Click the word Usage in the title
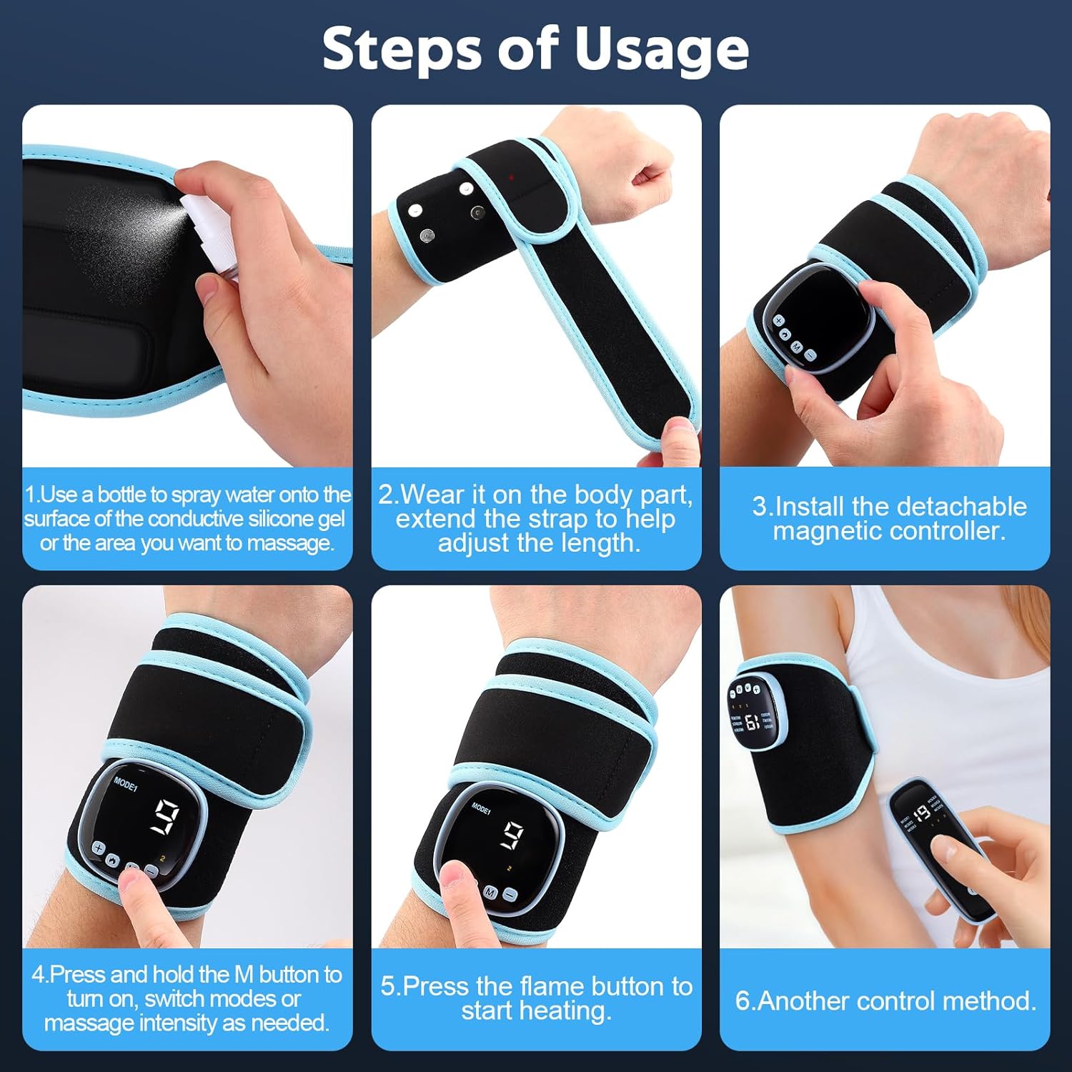click(x=662, y=50)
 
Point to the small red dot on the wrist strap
click(x=511, y=176)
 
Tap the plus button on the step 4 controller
click(x=98, y=849)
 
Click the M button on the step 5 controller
click(x=490, y=893)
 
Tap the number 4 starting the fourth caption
click(x=38, y=975)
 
